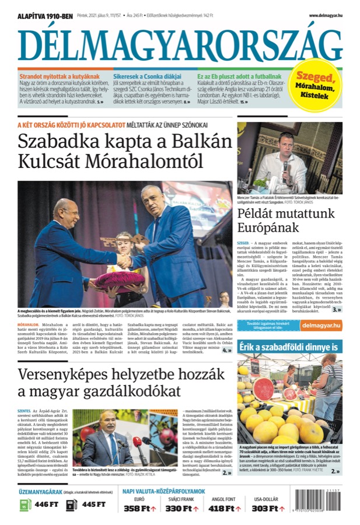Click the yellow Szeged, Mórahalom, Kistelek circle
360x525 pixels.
pos(316,86)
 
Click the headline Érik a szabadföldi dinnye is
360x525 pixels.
pos(285,347)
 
